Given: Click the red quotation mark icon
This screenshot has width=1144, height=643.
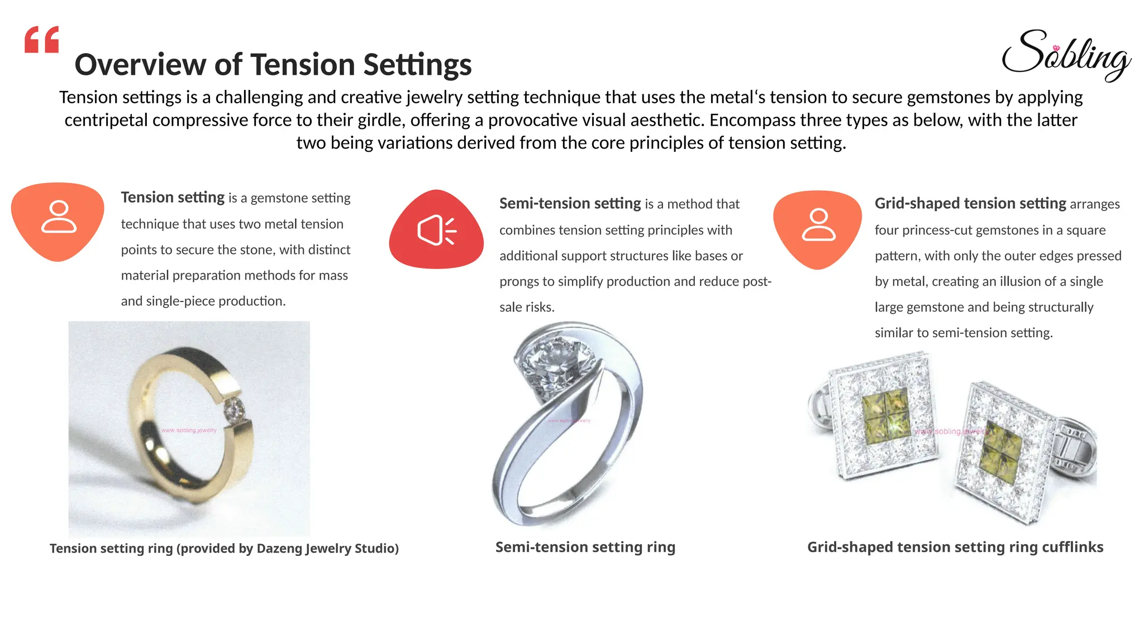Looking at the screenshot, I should (42, 40).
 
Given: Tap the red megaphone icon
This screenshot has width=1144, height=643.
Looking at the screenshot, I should (436, 229).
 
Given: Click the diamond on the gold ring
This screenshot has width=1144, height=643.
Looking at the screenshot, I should (234, 411).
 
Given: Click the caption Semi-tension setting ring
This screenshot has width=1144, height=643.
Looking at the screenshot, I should (585, 547).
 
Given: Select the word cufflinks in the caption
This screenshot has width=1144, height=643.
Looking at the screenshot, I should (1072, 547).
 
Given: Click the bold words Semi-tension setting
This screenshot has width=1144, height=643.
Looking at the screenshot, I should (570, 204).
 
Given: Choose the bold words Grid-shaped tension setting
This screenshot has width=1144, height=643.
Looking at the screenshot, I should (970, 204).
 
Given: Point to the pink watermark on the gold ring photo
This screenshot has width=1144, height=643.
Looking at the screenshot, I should (188, 430).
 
